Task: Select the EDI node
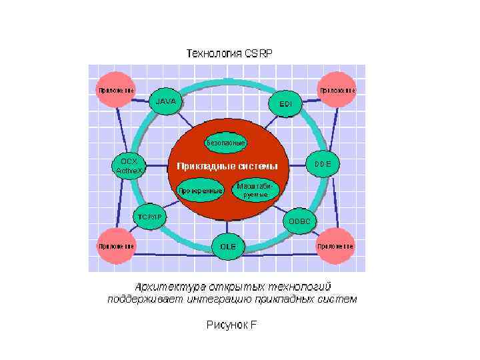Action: pyautogui.click(x=285, y=103)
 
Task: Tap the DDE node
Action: pyautogui.click(x=323, y=163)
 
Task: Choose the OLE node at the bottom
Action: pyautogui.click(x=228, y=246)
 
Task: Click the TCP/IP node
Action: pyautogui.click(x=150, y=217)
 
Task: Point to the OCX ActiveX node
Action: pyautogui.click(x=129, y=166)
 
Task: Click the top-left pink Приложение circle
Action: pyautogui.click(x=116, y=90)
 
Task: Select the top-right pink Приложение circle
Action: pyautogui.click(x=337, y=90)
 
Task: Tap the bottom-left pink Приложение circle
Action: pyautogui.click(x=116, y=245)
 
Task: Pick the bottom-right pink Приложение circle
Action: pyautogui.click(x=335, y=245)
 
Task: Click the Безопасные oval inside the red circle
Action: pyautogui.click(x=226, y=143)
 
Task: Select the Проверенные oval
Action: pyautogui.click(x=200, y=191)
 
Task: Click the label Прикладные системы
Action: pyautogui.click(x=227, y=166)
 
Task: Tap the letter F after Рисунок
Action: pyautogui.click(x=253, y=325)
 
